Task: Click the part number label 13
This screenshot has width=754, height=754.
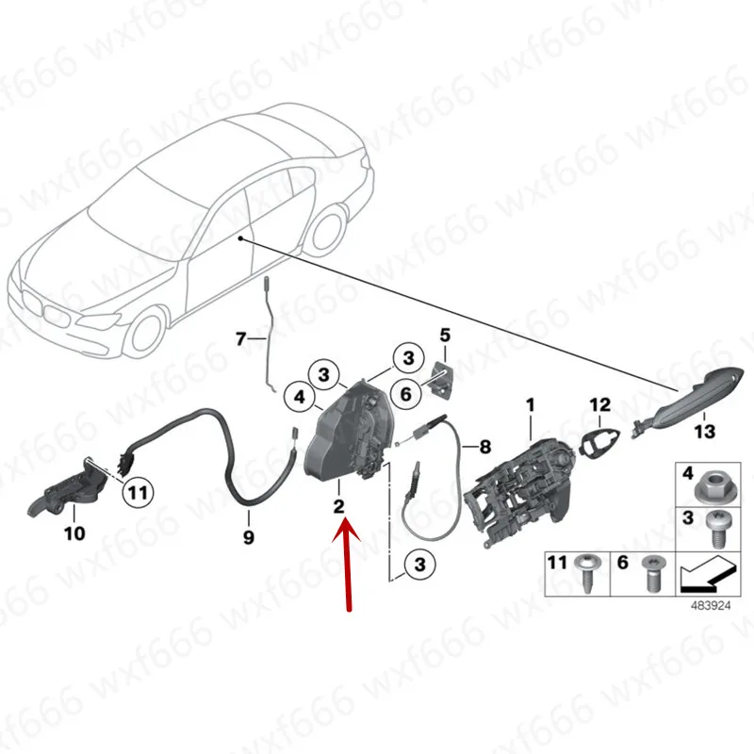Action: click(705, 432)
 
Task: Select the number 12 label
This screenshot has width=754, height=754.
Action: click(600, 405)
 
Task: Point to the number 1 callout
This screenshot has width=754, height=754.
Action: click(530, 405)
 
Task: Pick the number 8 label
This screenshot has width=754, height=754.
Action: click(485, 445)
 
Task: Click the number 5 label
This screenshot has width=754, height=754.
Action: click(445, 335)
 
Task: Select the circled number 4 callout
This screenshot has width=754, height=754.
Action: click(300, 398)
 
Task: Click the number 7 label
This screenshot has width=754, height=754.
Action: click(239, 337)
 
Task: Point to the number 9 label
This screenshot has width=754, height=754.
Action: click(248, 538)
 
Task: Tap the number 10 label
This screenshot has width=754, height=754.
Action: click(74, 534)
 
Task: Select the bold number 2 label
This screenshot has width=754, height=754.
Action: click(337, 507)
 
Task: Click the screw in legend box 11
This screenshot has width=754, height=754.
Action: click(586, 572)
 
